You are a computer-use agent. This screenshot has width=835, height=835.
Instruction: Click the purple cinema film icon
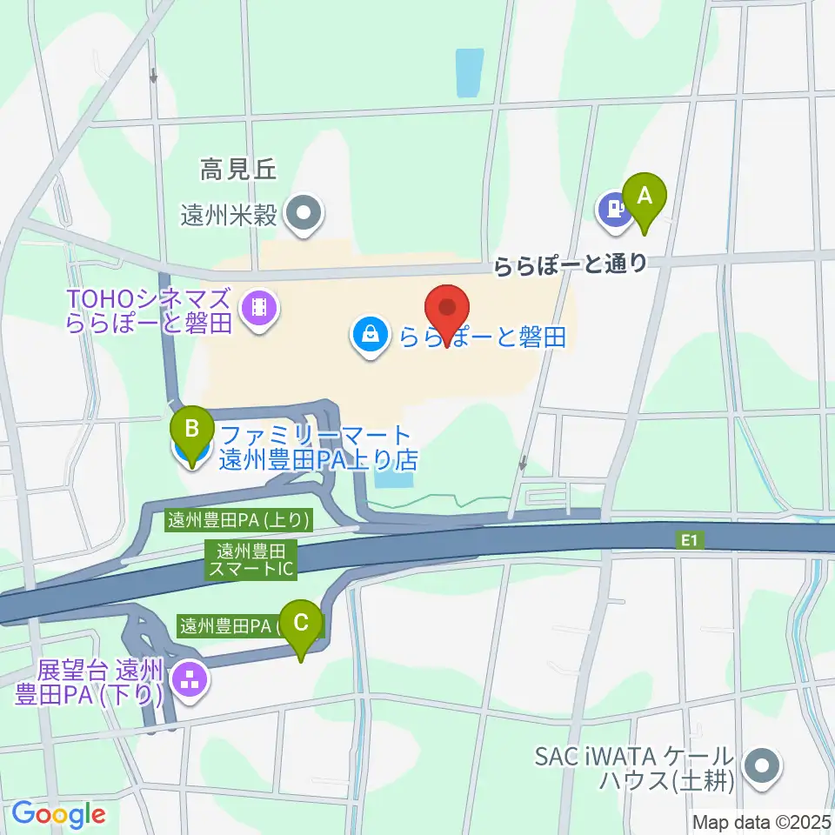pyautogui.click(x=257, y=305)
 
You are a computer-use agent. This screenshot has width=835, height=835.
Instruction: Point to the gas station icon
pyautogui.click(x=614, y=209)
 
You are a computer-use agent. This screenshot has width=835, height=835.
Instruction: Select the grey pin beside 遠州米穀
pyautogui.click(x=304, y=211)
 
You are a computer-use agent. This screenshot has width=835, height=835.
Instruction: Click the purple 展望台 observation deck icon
pyautogui.click(x=190, y=678)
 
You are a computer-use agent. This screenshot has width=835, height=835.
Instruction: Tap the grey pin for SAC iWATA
pyautogui.click(x=762, y=767)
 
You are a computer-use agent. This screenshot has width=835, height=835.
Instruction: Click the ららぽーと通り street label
pyautogui.click(x=571, y=264)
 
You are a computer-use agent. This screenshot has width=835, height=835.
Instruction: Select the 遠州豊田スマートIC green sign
pyautogui.click(x=251, y=559)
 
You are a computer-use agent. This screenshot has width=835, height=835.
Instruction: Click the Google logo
pyautogui.click(x=58, y=814)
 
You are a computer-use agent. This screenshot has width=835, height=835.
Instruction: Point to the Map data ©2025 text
pyautogui.click(x=761, y=820)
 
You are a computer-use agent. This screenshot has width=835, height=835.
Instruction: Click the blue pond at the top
pyautogui.click(x=469, y=72)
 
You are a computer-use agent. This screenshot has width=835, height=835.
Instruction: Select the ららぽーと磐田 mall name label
pyautogui.click(x=483, y=336)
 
